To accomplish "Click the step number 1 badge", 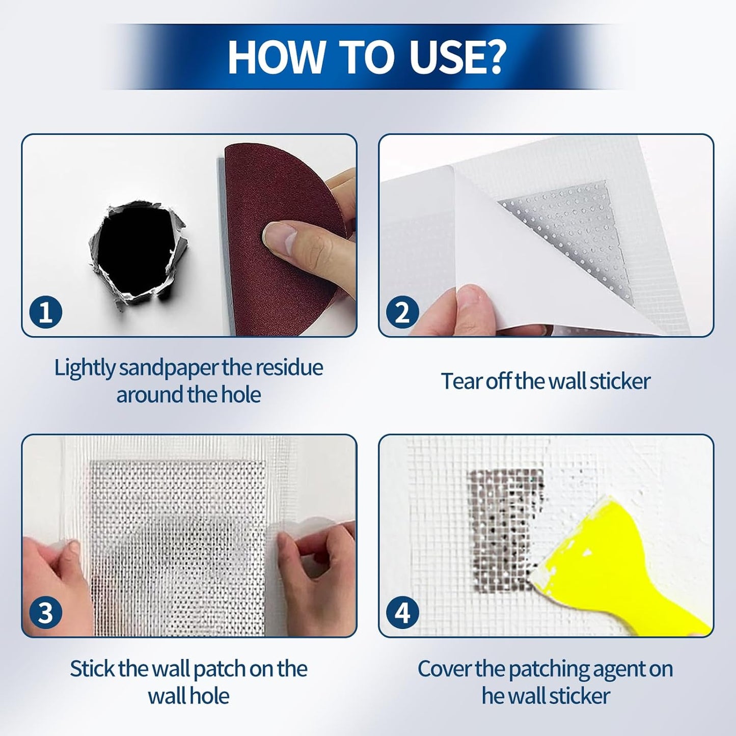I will tap(46, 312).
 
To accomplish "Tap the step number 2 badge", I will tap(402, 312).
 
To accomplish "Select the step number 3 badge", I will tap(46, 613).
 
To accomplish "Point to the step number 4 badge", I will tap(402, 613).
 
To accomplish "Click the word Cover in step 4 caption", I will tap(444, 669).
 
